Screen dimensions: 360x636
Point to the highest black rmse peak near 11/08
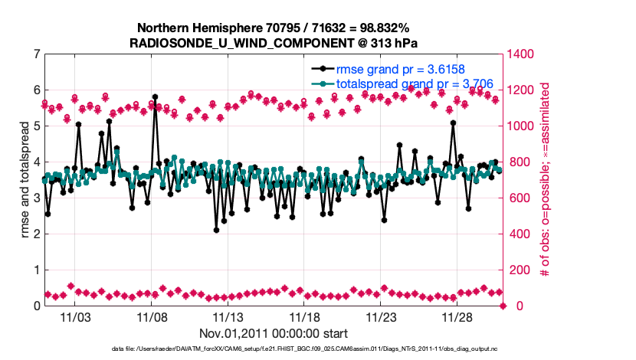tap(155, 97)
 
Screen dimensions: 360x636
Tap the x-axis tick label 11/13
tap(228, 317)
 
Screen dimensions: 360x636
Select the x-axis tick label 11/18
tap(304, 317)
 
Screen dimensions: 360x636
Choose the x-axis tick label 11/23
tap(381, 317)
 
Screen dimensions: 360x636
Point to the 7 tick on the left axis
tap(35, 54)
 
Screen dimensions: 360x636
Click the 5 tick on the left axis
tap(35, 126)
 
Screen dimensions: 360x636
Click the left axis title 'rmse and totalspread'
tap(25, 180)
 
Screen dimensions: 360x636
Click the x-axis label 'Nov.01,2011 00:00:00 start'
tap(274, 333)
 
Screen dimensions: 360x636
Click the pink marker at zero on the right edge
tap(503, 306)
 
